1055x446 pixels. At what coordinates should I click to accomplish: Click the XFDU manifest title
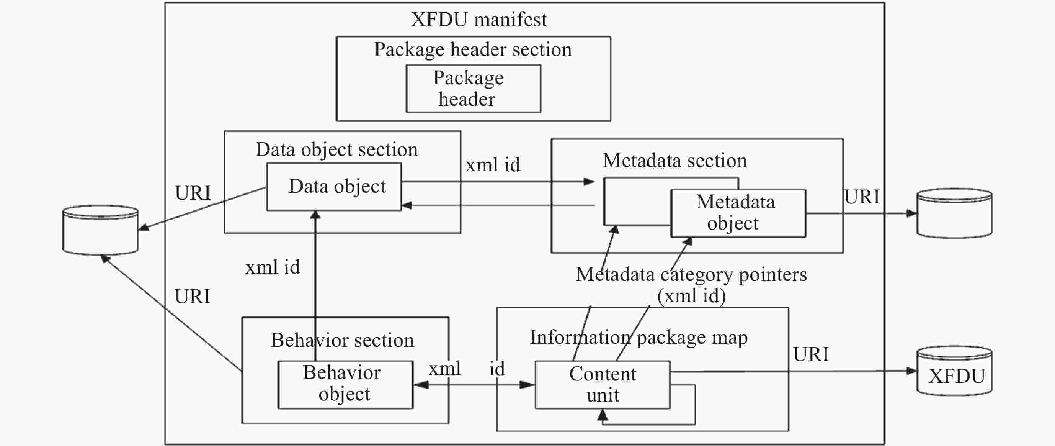[x=479, y=20]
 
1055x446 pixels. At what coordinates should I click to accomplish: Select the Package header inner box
[x=474, y=89]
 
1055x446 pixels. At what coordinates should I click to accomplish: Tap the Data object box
[x=334, y=187]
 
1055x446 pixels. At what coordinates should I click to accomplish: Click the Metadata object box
[x=738, y=213]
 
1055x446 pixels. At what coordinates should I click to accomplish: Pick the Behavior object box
[x=345, y=385]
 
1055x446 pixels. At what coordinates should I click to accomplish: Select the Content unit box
[x=603, y=385]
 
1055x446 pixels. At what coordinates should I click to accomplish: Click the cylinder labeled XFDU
[x=954, y=371]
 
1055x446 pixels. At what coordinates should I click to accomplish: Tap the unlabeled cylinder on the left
[x=100, y=230]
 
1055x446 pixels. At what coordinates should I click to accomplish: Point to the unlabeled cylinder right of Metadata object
[x=954, y=213]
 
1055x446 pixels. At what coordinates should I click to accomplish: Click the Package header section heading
[x=473, y=49]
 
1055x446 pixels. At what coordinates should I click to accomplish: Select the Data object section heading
[x=336, y=149]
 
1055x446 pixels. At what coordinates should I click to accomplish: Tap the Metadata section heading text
[x=675, y=160]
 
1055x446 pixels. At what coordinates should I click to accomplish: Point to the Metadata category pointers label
[x=691, y=274]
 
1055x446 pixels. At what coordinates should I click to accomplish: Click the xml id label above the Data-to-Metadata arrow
[x=493, y=165]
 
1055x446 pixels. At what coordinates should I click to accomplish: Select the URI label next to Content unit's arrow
[x=811, y=354]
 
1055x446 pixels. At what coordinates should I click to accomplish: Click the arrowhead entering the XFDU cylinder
[x=912, y=371]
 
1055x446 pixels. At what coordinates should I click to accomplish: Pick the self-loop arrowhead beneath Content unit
[x=603, y=415]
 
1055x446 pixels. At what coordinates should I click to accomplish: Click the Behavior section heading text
[x=342, y=340]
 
